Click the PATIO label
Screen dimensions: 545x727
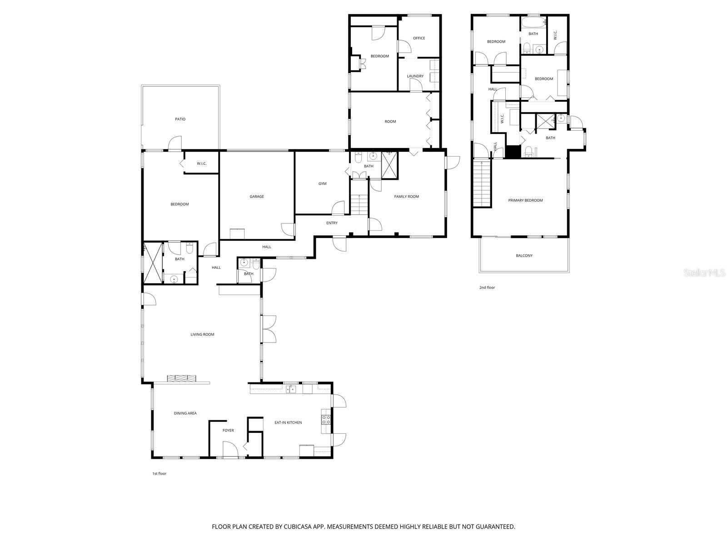tap(180, 119)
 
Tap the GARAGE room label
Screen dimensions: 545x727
tap(257, 197)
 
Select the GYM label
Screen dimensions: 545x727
tap(322, 184)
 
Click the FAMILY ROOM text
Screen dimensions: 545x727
tap(406, 197)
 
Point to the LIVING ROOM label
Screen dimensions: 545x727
tap(202, 335)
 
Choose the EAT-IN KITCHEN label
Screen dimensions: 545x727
tap(288, 423)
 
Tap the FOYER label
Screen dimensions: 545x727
tap(228, 431)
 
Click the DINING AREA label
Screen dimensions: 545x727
tap(185, 413)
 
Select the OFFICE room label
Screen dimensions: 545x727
tap(419, 38)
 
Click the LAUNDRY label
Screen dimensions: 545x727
tap(415, 76)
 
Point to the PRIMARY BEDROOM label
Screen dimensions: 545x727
tap(525, 200)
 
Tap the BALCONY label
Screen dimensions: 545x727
tap(524, 256)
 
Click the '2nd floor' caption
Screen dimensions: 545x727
tap(487, 287)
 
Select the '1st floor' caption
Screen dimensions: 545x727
tap(159, 474)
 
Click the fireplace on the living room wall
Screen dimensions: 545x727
tap(181, 378)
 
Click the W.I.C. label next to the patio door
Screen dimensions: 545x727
tap(202, 163)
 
